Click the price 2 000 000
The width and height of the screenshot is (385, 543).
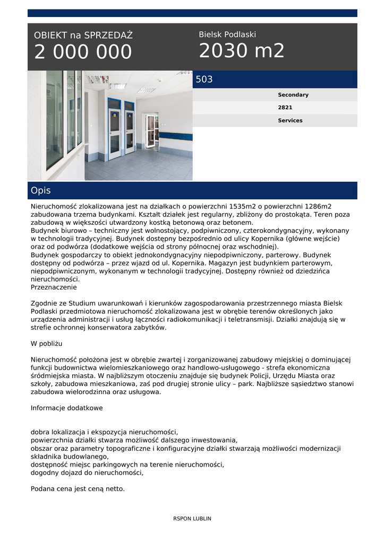(83, 52)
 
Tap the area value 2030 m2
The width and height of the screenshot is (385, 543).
(242, 51)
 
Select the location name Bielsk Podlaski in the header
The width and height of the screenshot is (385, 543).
(227, 34)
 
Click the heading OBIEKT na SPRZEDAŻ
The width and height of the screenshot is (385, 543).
(83, 36)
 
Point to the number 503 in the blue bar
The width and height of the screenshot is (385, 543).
(204, 80)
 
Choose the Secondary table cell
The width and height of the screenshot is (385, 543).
(293, 95)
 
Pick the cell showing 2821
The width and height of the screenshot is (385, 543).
(285, 108)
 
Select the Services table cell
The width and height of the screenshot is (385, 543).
(290, 120)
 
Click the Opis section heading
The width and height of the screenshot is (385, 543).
(41, 190)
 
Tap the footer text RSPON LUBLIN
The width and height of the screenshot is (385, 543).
(192, 519)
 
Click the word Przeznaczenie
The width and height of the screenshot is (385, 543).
(54, 287)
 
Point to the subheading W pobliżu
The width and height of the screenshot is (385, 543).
(47, 344)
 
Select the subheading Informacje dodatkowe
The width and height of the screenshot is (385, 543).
(66, 408)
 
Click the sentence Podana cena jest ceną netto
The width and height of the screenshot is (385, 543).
(78, 489)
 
